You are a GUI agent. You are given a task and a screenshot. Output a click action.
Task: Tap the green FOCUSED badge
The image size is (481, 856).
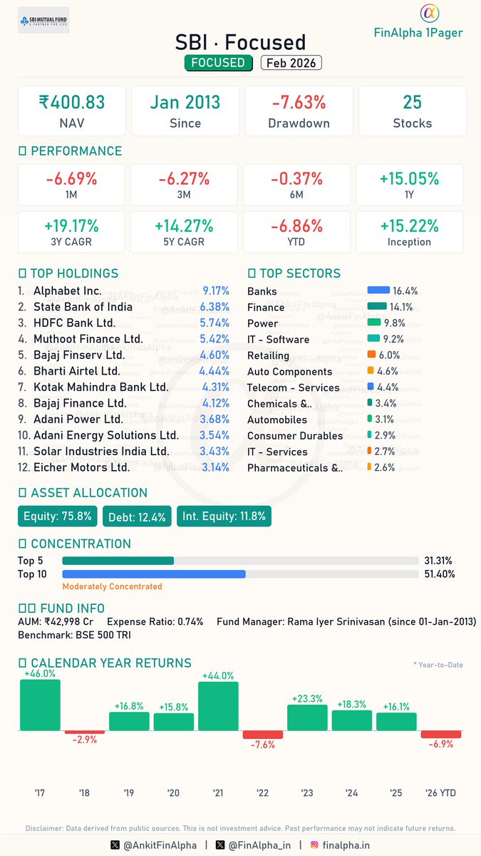219,63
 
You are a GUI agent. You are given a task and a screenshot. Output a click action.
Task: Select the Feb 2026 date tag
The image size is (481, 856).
291,63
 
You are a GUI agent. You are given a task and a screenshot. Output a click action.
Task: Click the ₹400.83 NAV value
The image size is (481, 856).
71,102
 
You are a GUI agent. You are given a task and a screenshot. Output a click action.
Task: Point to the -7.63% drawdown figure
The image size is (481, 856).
299,102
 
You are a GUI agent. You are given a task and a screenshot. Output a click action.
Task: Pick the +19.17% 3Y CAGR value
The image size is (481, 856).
71,226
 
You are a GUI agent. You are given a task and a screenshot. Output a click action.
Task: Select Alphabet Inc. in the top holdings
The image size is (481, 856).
68,291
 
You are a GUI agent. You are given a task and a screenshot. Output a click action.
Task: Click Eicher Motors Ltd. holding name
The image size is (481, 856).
82,467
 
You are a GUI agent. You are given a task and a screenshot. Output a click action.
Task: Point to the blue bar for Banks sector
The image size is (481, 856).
378,290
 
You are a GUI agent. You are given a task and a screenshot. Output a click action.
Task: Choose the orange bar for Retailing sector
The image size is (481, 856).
371,355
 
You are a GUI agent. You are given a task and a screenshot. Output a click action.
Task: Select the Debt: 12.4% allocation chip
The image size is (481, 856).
137,516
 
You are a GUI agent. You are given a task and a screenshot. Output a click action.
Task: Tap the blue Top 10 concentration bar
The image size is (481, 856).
154,574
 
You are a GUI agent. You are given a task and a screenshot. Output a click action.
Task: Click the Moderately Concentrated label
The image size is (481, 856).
112,586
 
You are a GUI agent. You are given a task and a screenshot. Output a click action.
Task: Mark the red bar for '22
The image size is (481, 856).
263,735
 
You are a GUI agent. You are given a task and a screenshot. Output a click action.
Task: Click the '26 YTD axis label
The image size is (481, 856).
440,793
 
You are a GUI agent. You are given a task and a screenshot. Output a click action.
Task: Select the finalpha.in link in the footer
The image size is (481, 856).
345,845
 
